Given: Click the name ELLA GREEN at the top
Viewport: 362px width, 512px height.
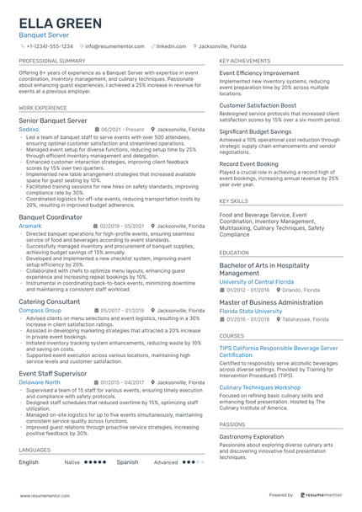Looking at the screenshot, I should click(61, 23).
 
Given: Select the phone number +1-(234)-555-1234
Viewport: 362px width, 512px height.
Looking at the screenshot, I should click(50, 46).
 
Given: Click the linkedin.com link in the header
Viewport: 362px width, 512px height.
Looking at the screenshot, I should click(171, 46).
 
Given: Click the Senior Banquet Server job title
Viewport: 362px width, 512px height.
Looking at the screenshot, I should click(52, 121).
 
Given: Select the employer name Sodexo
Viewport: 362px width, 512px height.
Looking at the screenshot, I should click(29, 130).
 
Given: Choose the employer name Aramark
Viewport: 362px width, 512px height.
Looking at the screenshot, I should click(30, 226).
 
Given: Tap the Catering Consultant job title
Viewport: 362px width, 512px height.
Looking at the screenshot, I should click(51, 301).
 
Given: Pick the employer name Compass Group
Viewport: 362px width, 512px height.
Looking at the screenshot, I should click(40, 310).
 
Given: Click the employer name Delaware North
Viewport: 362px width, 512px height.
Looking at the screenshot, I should click(40, 381).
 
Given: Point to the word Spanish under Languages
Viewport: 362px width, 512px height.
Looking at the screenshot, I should click(127, 462).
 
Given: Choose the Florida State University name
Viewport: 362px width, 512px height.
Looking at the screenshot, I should click(251, 311).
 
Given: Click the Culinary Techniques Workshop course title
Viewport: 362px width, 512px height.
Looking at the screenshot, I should click(262, 387).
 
